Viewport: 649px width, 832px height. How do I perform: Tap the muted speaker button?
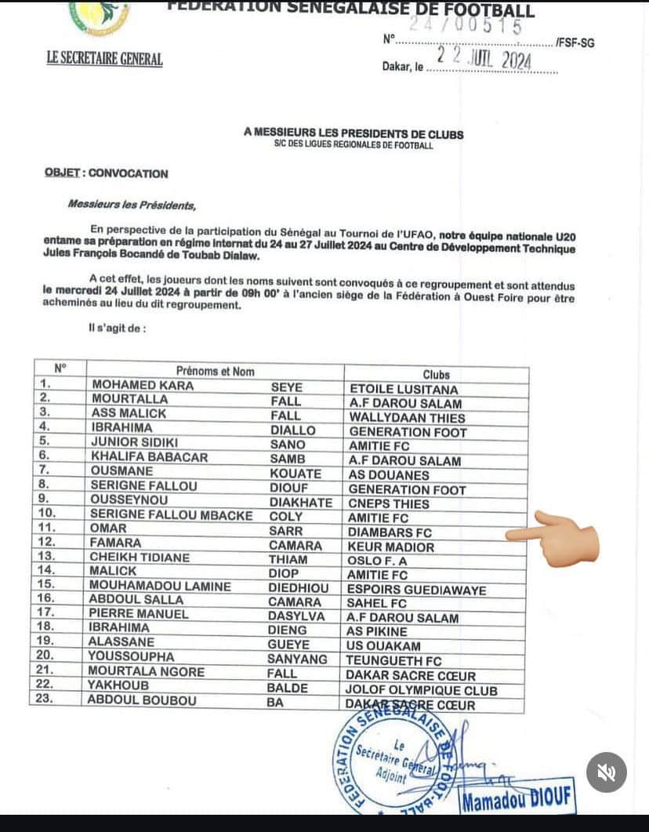click(x=606, y=772)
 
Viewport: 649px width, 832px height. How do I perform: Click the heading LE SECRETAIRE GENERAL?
click(x=105, y=59)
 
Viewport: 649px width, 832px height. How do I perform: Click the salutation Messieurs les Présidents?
click(x=132, y=205)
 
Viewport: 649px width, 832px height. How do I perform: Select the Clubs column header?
click(x=437, y=375)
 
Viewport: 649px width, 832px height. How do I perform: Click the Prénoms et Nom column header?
click(x=215, y=371)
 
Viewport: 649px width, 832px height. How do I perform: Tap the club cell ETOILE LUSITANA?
click(x=404, y=389)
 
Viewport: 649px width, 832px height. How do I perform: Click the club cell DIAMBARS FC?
click(x=390, y=532)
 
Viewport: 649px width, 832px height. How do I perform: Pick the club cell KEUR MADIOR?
click(x=391, y=547)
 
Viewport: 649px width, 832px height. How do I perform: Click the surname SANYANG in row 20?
click(x=298, y=659)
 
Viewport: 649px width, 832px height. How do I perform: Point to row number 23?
click(x=44, y=700)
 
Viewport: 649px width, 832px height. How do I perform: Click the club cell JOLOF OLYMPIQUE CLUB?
click(x=422, y=691)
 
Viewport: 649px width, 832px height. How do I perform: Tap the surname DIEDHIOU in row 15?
click(x=300, y=588)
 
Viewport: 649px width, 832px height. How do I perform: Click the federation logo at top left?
click(x=100, y=17)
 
